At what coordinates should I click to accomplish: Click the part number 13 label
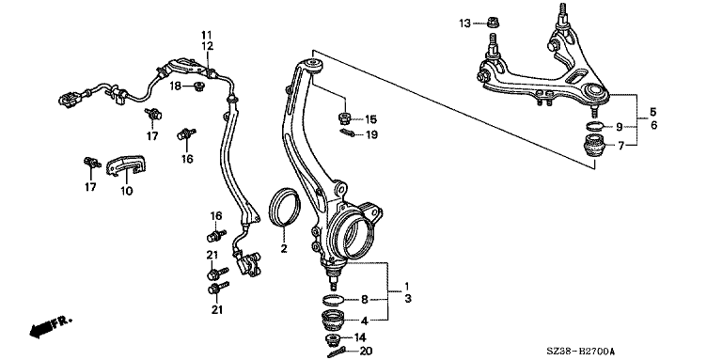click(x=464, y=23)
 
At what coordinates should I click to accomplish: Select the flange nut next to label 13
click(x=494, y=22)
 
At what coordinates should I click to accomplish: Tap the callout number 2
click(x=284, y=248)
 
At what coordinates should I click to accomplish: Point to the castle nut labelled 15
click(x=345, y=118)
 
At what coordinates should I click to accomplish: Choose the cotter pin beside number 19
click(x=347, y=133)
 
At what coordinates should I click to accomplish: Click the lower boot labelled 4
click(x=333, y=321)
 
